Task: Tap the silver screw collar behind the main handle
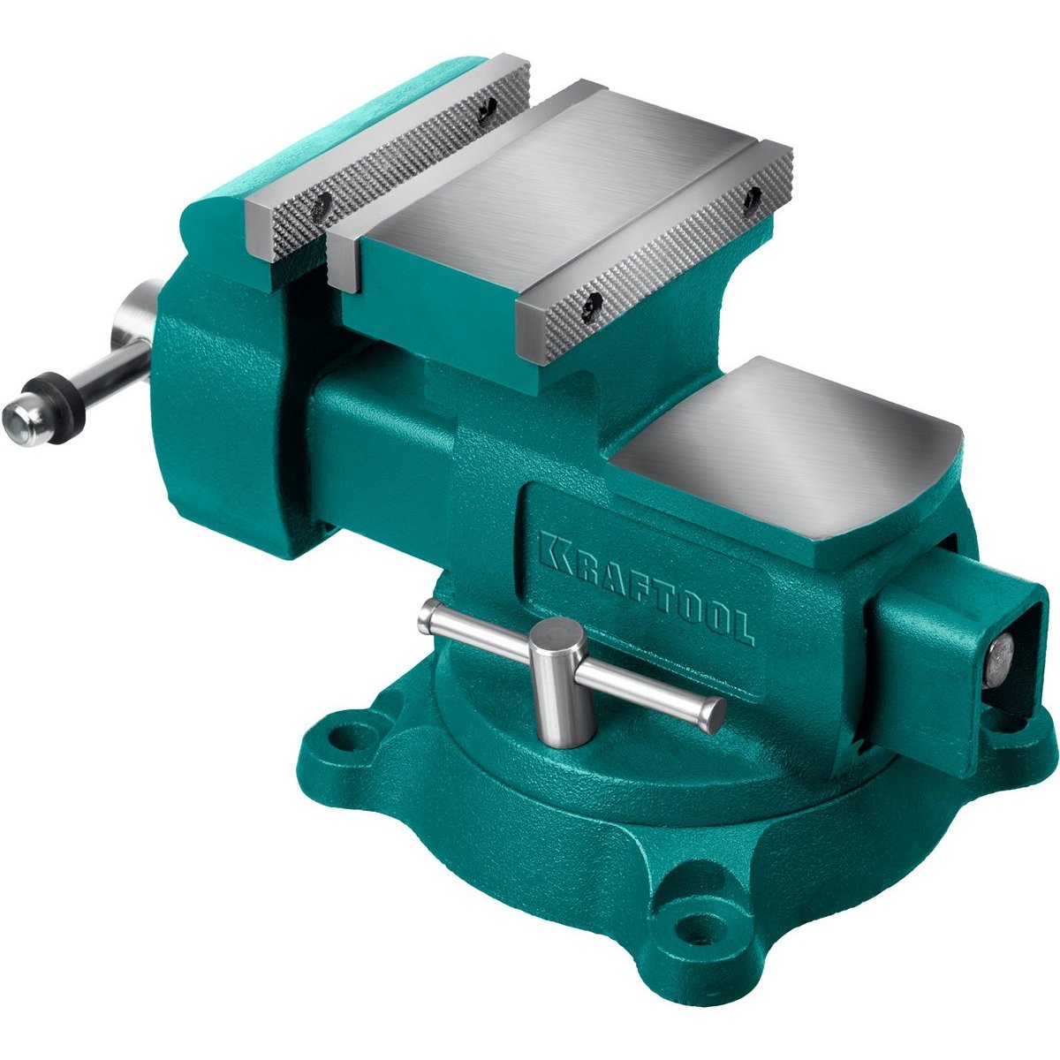[x=135, y=314]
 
